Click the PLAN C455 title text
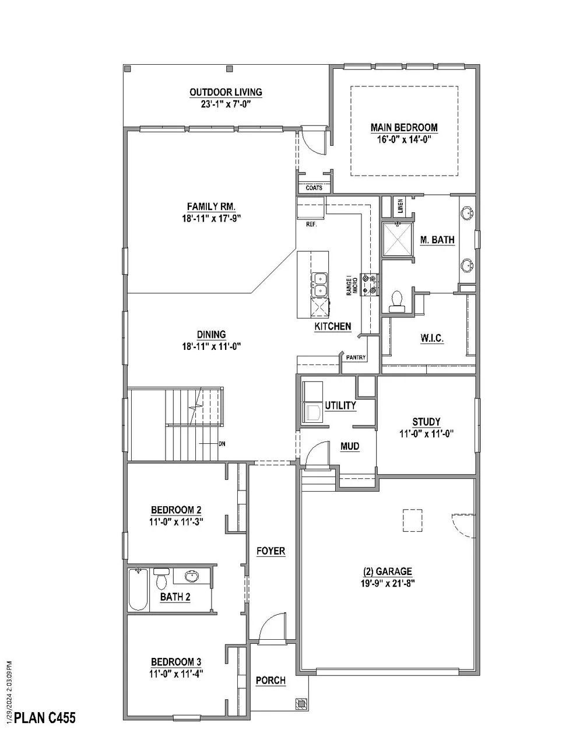(44, 717)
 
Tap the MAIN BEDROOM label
(404, 128)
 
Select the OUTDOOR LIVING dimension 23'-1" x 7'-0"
(226, 104)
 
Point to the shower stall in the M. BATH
(398, 240)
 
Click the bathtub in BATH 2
(138, 590)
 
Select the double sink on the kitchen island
(319, 283)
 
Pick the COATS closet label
(314, 188)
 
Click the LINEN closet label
(401, 206)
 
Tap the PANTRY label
(356, 358)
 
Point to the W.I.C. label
(432, 338)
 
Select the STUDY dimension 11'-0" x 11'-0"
(426, 433)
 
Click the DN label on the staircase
(222, 444)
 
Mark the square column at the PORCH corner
(301, 703)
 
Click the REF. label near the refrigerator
(311, 224)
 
